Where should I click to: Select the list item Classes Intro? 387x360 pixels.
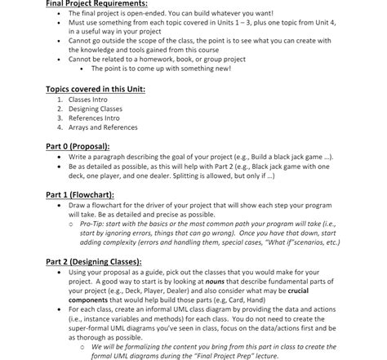[87, 99]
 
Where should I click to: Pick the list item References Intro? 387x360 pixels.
[94, 117]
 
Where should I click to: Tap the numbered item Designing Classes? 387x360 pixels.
[96, 108]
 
